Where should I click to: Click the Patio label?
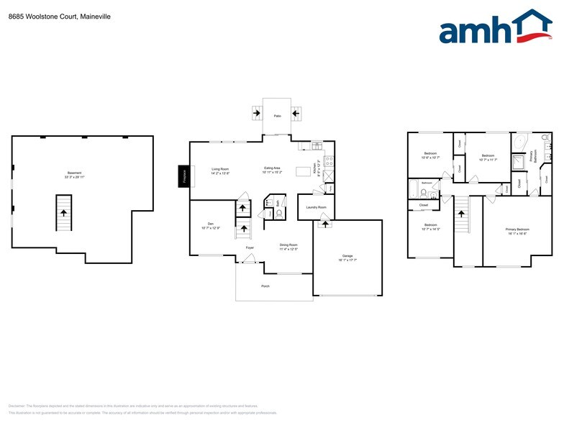[x=277, y=116]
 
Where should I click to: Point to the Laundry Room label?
[x=316, y=207]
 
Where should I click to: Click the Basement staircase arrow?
[x=64, y=213]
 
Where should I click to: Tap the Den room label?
[x=211, y=224]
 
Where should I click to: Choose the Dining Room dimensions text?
[x=288, y=249]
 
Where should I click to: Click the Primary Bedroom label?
[x=517, y=229]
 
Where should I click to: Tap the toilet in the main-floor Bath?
[x=278, y=214]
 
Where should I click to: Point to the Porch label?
[x=265, y=285]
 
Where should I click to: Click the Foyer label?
[x=250, y=247]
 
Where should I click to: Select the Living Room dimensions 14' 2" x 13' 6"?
[x=220, y=173]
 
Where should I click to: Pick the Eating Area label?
[x=276, y=168]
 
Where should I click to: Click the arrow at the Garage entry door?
[x=324, y=224]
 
